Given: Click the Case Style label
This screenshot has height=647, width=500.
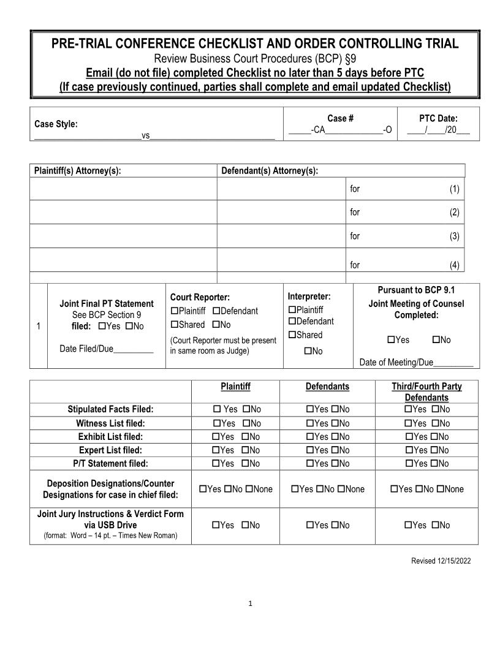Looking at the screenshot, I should (x=56, y=124).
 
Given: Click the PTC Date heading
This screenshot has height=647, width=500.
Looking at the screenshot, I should (x=438, y=119).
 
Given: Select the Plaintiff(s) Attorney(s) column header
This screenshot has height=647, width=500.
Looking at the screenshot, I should (x=78, y=171).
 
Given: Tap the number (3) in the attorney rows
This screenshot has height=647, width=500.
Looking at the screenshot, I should (x=454, y=236).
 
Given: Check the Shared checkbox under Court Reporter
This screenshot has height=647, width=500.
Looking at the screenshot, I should (x=174, y=325).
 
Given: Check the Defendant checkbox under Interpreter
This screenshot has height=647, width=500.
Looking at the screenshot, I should (x=292, y=322).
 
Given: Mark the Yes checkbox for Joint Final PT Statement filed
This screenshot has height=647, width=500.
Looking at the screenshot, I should (x=102, y=327).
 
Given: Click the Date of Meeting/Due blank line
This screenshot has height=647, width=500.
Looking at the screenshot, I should (x=453, y=363).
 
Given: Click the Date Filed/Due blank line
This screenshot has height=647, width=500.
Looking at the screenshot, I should (x=133, y=349).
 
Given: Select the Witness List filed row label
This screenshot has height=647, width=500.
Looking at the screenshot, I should (x=110, y=423).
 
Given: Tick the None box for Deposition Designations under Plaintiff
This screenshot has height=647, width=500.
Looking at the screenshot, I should (x=249, y=489).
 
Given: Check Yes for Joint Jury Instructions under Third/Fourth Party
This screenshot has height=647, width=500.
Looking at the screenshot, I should (x=408, y=525).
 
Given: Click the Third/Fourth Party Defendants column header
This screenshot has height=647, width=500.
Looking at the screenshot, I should (x=426, y=392).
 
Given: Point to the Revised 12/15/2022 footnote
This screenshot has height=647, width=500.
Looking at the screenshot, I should (x=441, y=561).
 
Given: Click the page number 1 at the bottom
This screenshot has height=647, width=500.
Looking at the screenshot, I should (x=250, y=604).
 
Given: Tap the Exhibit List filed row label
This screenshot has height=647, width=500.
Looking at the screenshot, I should (x=110, y=437).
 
